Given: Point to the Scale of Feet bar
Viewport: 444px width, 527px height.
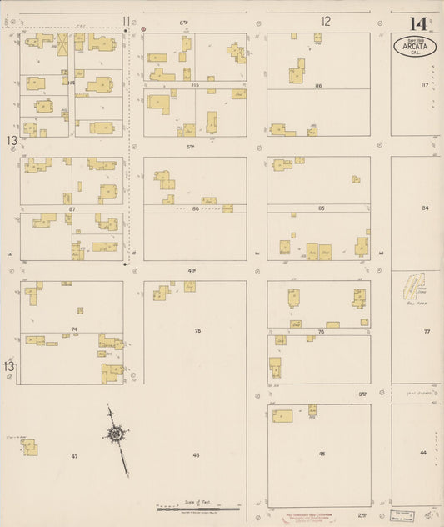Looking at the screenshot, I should tap(198, 505).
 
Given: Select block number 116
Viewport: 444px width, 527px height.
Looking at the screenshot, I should tap(318, 86).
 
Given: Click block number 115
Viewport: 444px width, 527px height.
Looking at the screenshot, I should tap(195, 86).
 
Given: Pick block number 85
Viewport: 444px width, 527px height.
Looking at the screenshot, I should tap(321, 208).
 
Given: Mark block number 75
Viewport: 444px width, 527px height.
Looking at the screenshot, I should tap(197, 331).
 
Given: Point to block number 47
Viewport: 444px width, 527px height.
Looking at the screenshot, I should tap(74, 456).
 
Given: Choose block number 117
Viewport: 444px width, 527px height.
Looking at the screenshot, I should tap(424, 85).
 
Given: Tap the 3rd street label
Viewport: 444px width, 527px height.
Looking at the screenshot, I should tap(362, 393).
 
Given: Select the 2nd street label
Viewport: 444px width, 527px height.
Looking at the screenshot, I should tap(362, 515).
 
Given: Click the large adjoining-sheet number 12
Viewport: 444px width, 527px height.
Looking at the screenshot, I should tap(326, 21).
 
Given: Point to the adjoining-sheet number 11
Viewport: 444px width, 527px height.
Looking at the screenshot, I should tap(126, 21).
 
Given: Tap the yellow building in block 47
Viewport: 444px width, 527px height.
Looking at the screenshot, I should tap(30, 448).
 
